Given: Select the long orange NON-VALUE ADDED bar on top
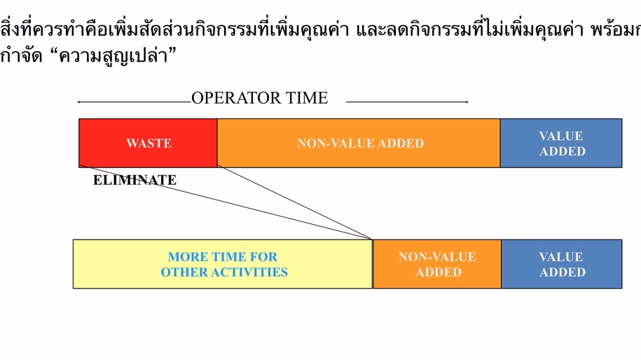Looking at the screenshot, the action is click(x=359, y=144).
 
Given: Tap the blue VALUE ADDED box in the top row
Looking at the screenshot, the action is click(x=561, y=143).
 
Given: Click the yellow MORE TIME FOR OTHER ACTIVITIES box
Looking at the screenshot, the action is click(x=223, y=264).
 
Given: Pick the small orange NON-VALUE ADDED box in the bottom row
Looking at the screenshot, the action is click(x=436, y=264).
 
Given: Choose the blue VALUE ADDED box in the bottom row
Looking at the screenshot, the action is click(x=561, y=264).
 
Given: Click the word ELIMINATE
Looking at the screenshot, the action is click(x=135, y=181).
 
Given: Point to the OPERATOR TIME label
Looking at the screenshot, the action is click(x=259, y=98).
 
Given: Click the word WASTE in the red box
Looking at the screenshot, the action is click(x=149, y=144).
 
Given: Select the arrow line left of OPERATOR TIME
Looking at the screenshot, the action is click(x=133, y=102).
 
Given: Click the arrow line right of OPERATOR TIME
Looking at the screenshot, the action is click(x=406, y=102).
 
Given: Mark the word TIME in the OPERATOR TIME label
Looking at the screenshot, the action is click(x=305, y=98).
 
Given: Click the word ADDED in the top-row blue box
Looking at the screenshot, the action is click(x=563, y=151).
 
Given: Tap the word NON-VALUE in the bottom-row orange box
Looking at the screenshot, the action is click(x=437, y=257).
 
